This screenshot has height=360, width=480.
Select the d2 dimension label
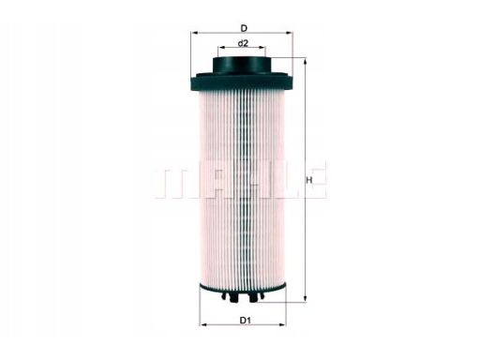tap(242, 43)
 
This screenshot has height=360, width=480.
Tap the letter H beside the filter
tap(309, 179)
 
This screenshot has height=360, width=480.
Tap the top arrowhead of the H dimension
tap(305, 61)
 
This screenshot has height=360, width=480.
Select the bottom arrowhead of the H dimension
tap(305, 299)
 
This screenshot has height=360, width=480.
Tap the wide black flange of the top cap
tap(242, 81)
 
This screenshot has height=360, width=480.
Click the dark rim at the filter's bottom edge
tap(242, 286)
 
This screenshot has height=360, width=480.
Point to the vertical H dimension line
tap(305, 225)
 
